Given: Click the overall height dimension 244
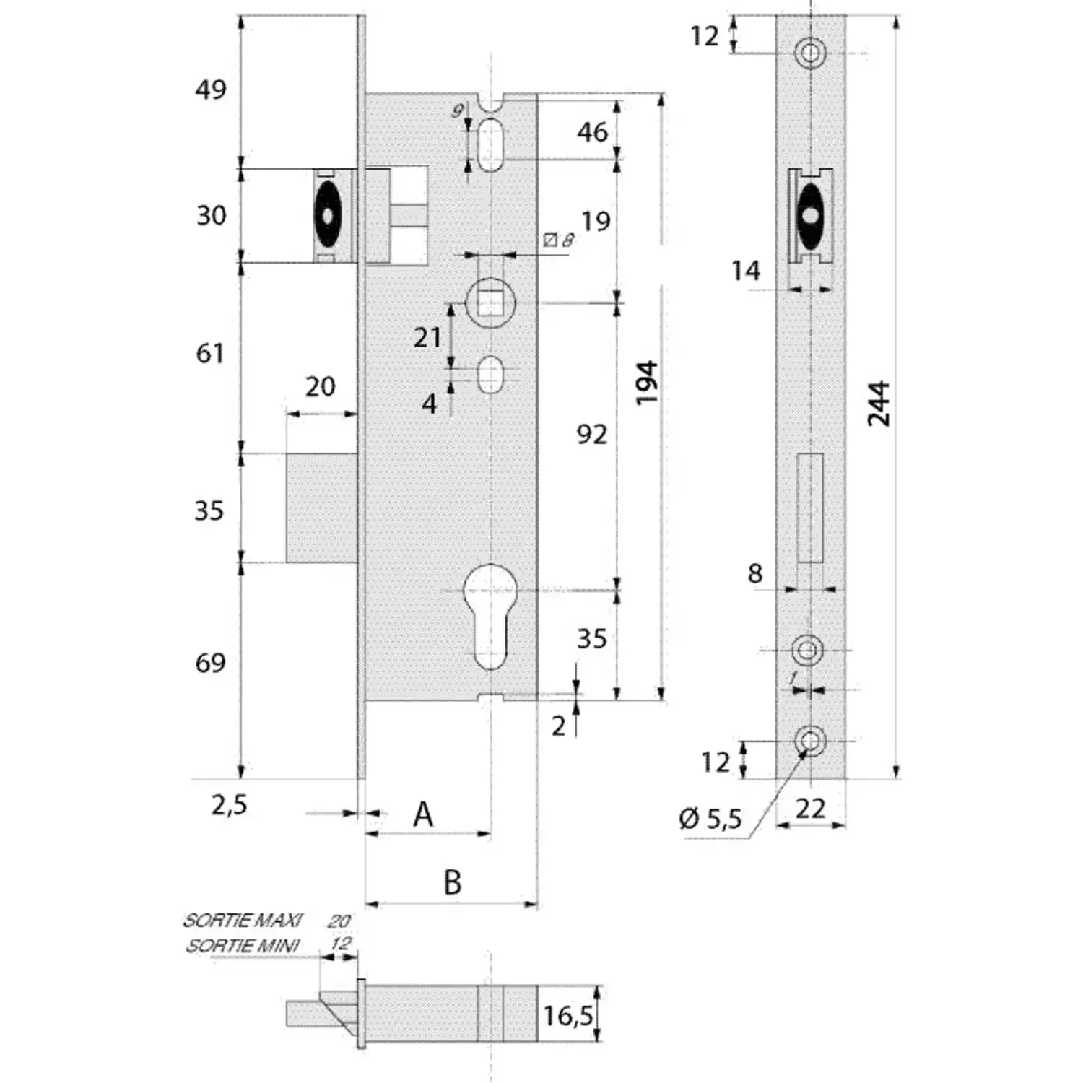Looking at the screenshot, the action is tap(879, 404).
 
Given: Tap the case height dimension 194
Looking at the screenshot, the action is tap(647, 382).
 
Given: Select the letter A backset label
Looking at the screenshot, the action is tap(423, 814).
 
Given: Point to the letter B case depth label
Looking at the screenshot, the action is tap(452, 882).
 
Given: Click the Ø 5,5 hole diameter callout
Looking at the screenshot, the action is tap(710, 819).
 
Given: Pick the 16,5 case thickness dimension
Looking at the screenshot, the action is tap(568, 1015).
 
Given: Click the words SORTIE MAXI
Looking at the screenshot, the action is tap(243, 921).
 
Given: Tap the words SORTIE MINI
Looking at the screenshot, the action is tap(243, 945).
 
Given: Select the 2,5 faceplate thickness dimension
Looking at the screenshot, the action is tap(229, 804).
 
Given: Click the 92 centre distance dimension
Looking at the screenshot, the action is tap(592, 435).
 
